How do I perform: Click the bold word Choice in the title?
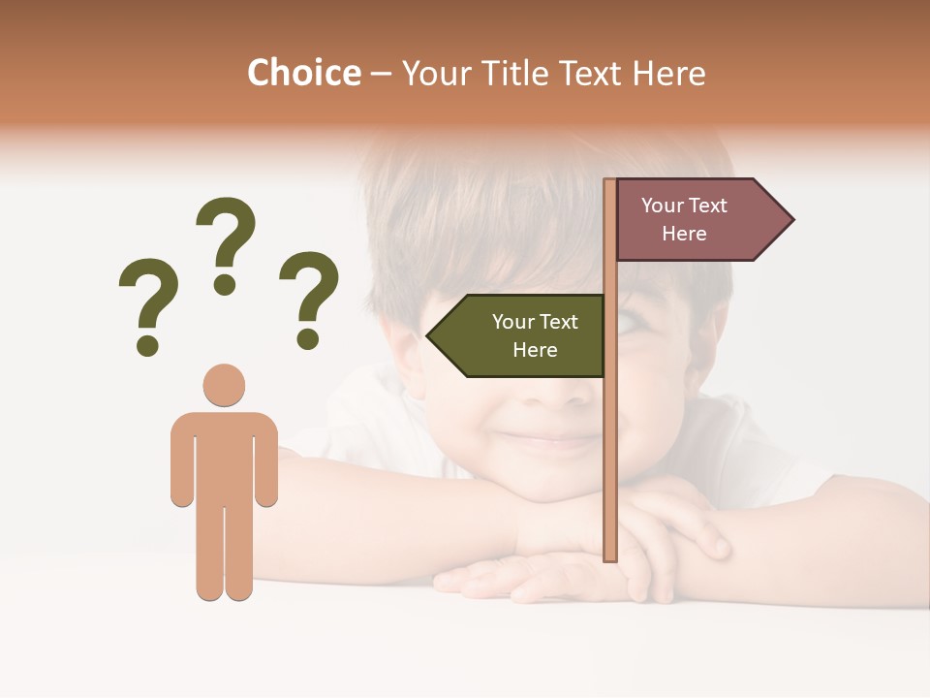pyautogui.click(x=303, y=73)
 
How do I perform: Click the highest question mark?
pyautogui.click(x=227, y=242)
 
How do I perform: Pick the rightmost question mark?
pyautogui.click(x=309, y=298)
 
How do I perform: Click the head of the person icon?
pyautogui.click(x=224, y=385)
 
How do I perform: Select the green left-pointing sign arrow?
pyautogui.click(x=518, y=335)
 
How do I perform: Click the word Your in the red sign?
pyautogui.click(x=663, y=206)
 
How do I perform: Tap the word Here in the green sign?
pyautogui.click(x=535, y=350)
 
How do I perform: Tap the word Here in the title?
pyautogui.click(x=669, y=73)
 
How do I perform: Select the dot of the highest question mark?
pyautogui.click(x=226, y=285)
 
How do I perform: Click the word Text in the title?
pyautogui.click(x=591, y=73)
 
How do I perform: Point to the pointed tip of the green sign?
pyautogui.click(x=429, y=336)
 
